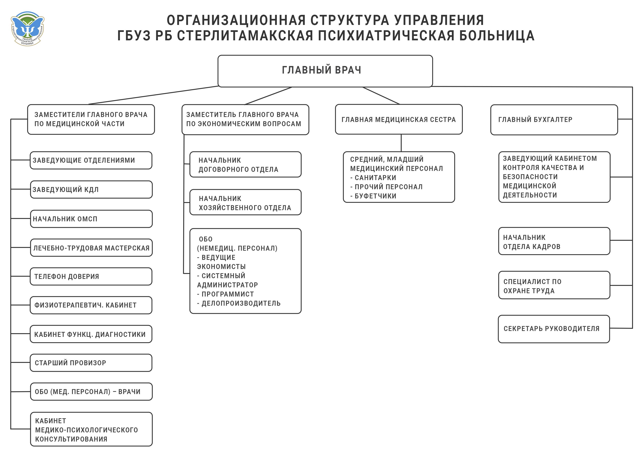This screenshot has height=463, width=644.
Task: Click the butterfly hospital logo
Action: coord(28,28)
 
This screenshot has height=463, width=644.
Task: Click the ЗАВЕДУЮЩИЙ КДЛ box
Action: coord(91,189)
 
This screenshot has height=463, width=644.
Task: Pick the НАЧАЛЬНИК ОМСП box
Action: coord(91,219)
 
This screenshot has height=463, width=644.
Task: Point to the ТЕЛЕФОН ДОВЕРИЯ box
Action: coord(91,276)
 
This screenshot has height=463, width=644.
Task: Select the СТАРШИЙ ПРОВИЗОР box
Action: coord(91,363)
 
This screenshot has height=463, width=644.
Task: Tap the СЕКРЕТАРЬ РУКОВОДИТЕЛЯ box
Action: coord(554,329)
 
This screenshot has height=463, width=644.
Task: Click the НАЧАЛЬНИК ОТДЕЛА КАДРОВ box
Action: coord(554,241)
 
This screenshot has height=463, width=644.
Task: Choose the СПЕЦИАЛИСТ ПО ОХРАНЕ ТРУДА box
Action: coord(554,285)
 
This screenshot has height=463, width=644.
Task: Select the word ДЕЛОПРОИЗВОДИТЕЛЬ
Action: coord(241,303)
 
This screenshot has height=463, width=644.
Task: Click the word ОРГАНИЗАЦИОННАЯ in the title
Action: coord(236,20)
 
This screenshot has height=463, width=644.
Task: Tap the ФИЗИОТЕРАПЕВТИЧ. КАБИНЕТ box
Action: coord(91,305)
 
